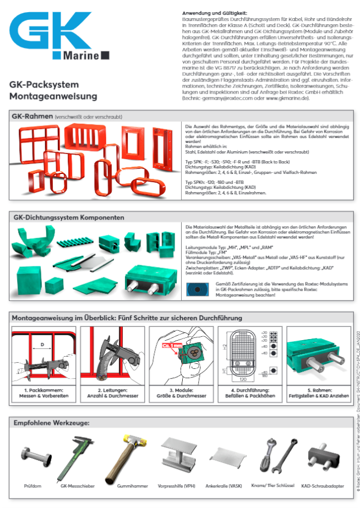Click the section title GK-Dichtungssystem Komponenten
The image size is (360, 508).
click(x=68, y=217)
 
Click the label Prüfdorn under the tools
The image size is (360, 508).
click(x=32, y=486)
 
